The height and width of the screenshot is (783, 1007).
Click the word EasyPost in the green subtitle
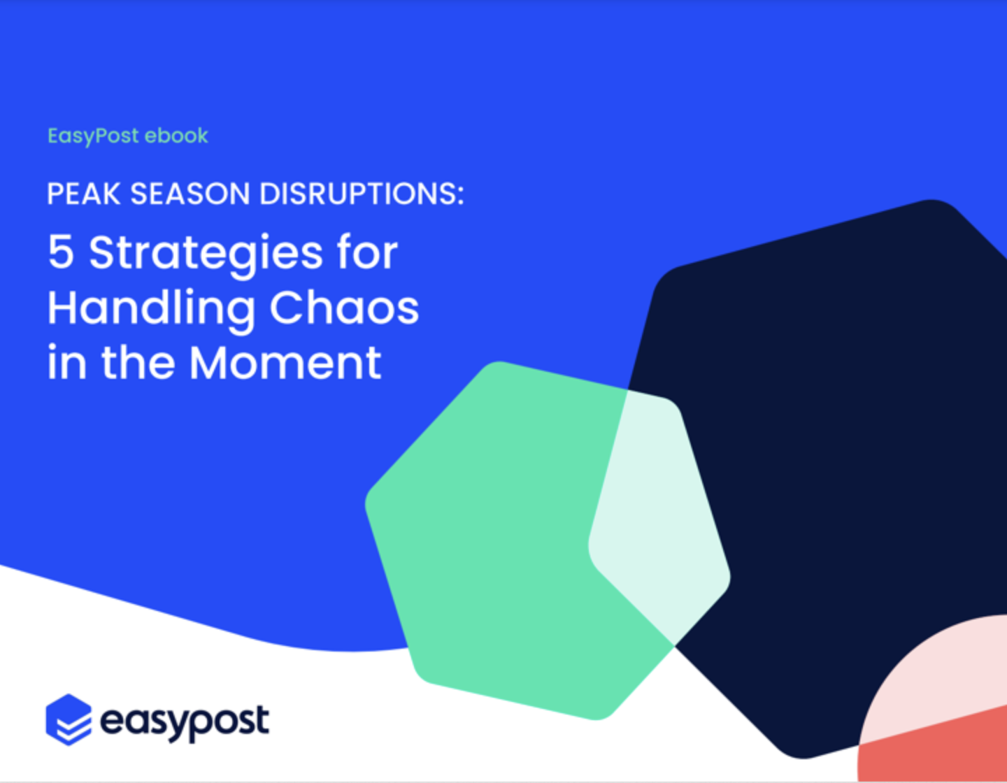point(93,136)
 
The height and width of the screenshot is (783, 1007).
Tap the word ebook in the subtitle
point(176,136)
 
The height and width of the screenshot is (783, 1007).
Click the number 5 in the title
point(61,252)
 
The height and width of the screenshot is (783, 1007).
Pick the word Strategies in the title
point(206,254)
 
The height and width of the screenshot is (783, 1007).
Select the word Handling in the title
point(151,310)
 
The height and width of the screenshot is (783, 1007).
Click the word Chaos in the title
point(344,306)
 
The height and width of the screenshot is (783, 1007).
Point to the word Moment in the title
point(285,362)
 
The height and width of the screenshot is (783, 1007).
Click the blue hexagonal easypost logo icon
point(69,719)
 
